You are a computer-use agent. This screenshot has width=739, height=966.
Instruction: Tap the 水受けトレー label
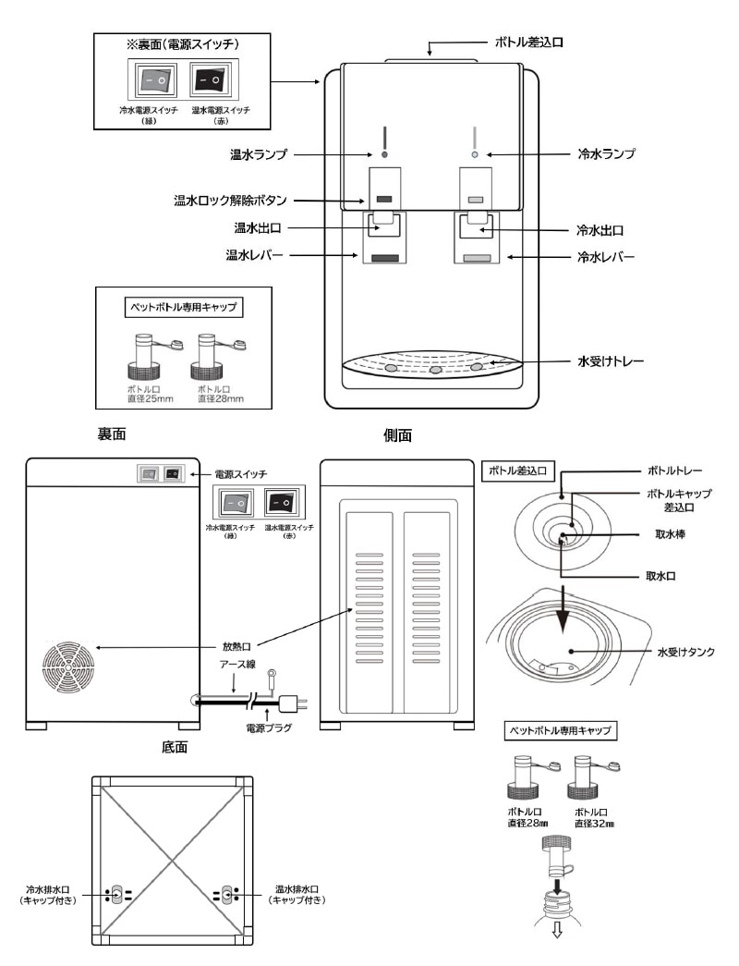coord(609,361)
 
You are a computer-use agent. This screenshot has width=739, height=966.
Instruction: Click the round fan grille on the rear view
coord(68,666)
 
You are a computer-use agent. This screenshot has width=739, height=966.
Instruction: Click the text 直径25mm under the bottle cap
coord(144,399)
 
